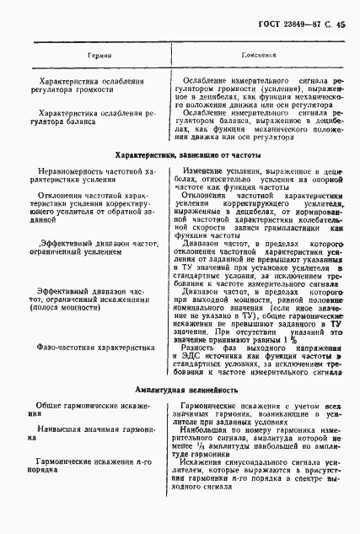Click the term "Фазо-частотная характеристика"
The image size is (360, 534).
point(88,345)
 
